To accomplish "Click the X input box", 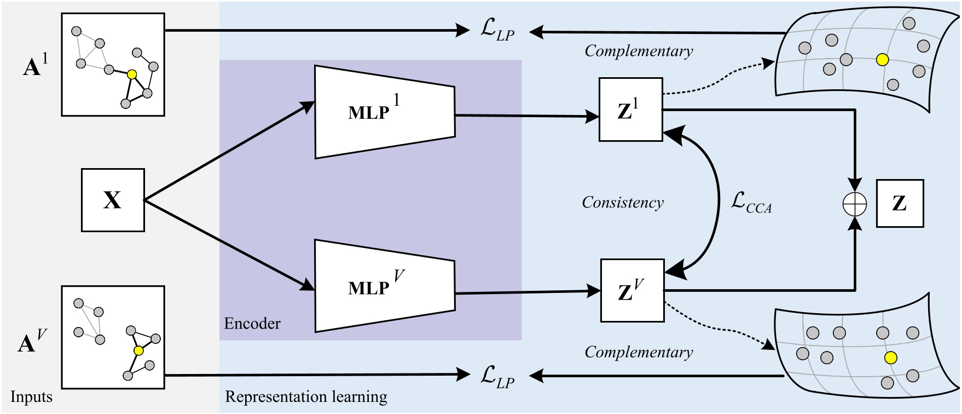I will pos(113,200).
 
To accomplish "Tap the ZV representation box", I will pos(632,291).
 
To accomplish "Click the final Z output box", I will pos(900,203).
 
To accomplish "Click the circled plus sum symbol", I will pos(854,204).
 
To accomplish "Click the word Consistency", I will pos(622,203).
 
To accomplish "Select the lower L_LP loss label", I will pos(497,377).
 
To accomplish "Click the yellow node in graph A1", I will pos(131,74).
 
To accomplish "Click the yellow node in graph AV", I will pos(138,350).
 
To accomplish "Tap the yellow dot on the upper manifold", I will pos(882,60).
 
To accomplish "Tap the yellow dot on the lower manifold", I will pos(891,358).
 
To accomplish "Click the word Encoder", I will pos(252,324).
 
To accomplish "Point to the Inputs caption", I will pos(31,396).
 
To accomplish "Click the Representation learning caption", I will pos(306,396).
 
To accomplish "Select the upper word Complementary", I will pos(638,51).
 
